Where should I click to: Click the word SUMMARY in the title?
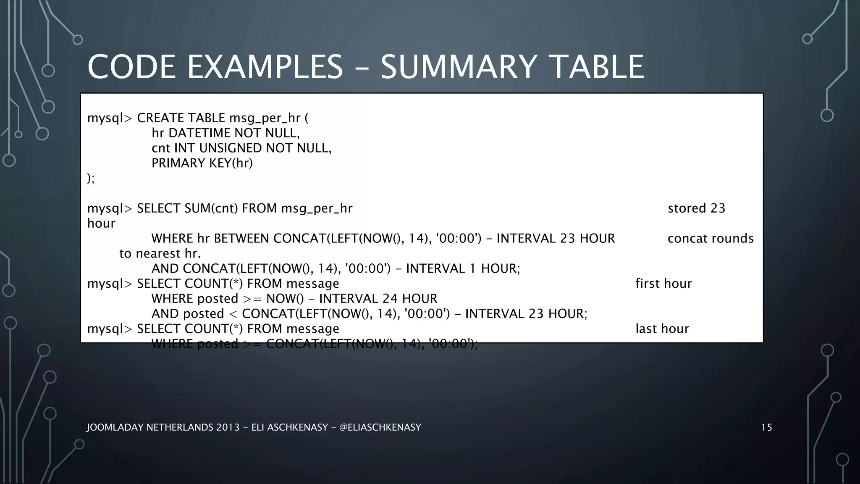coord(459,67)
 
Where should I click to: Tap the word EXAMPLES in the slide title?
coord(265,67)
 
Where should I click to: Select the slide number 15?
coord(766,428)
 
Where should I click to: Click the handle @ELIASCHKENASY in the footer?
coord(380,428)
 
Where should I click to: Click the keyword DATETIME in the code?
coord(199,133)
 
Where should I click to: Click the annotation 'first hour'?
coord(663,284)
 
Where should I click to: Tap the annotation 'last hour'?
coord(662,329)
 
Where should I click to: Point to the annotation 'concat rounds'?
coord(711,239)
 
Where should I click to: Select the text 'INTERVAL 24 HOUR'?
coord(378,299)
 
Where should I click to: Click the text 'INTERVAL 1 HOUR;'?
coord(463,268)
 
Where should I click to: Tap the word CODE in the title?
coord(131,67)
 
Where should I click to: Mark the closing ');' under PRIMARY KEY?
coord(91,179)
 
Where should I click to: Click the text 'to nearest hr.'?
coord(160,254)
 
